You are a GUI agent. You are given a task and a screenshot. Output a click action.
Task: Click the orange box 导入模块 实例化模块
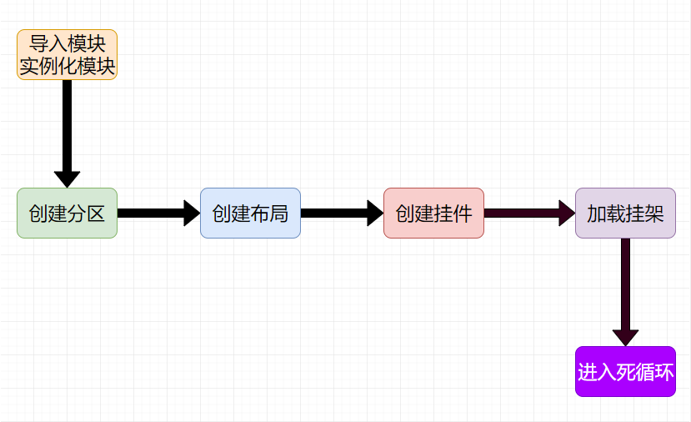click(67, 54)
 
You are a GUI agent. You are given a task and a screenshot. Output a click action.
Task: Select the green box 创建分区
click(67, 213)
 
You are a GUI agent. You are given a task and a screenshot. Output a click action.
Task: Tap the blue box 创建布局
click(250, 213)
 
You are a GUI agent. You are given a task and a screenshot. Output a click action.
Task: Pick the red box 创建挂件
click(433, 213)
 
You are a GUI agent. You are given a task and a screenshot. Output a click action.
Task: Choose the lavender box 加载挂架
click(625, 213)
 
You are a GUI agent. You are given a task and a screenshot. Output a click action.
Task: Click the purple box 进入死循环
click(625, 371)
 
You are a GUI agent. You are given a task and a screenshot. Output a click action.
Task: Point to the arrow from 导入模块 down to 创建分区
click(67, 125)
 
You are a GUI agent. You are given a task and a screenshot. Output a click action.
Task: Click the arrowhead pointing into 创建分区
click(67, 178)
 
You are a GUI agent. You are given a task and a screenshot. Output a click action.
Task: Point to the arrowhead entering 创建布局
click(191, 213)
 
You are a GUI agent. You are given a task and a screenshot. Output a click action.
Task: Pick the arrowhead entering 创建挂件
click(374, 213)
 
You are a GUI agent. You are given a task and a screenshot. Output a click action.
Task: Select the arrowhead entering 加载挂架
click(566, 213)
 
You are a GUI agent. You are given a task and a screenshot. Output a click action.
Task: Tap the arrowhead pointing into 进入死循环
click(625, 337)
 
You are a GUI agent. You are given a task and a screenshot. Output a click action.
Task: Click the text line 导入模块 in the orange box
click(67, 43)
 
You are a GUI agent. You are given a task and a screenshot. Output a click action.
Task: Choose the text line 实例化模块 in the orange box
click(67, 66)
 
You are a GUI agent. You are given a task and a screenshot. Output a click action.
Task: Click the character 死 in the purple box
click(625, 372)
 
